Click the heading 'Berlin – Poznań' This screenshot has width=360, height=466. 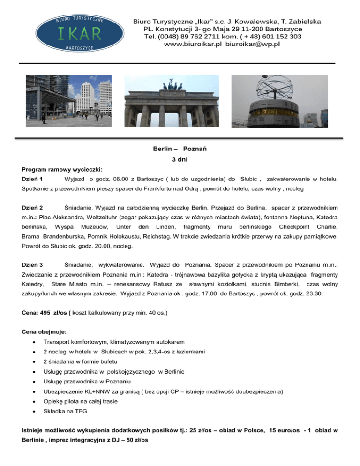coord(180,149)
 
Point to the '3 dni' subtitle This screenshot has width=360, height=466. coord(180,159)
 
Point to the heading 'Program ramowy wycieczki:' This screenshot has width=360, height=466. coord(62,169)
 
